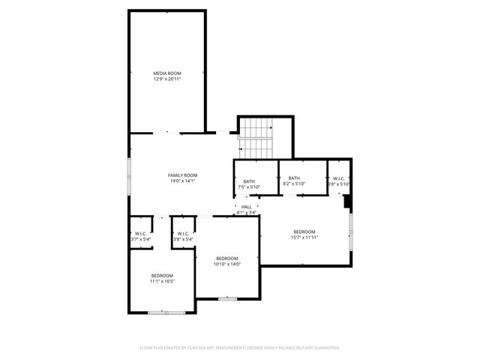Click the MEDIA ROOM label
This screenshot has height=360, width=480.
coord(167,73)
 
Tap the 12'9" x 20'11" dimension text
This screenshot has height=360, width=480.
coord(167,79)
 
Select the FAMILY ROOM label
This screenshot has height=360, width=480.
coord(182,175)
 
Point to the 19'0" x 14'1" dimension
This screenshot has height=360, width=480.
coord(182,181)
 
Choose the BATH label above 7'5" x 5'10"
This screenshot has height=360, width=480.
coord(249,181)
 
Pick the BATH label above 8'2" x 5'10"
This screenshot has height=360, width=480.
coord(294,178)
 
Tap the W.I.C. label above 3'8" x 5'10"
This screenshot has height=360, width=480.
coord(340,178)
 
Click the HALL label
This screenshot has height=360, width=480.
coord(246,207)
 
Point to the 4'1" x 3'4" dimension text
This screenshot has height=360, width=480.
coord(246,213)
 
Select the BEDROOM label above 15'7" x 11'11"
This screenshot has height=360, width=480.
coord(304,231)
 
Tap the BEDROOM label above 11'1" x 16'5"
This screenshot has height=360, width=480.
coord(162,275)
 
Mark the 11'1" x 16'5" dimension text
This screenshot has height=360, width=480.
coord(162,281)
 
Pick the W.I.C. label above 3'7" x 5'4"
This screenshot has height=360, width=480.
coord(139,233)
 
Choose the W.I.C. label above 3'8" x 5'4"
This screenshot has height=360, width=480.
coord(183,233)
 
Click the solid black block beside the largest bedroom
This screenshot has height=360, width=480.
coord(347,201)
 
